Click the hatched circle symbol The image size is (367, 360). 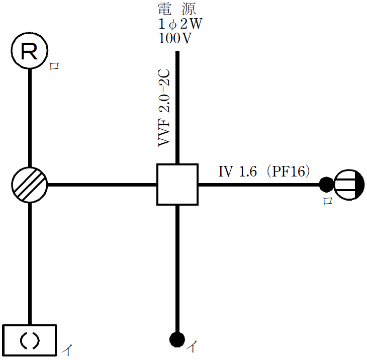[x=29, y=185]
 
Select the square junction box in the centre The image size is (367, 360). [x=177, y=185]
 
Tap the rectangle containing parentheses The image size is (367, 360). [x=29, y=341]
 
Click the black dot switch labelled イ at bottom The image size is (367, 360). [x=176, y=339]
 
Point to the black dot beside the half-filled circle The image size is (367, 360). [x=326, y=185]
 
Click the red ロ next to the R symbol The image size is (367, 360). [x=54, y=67]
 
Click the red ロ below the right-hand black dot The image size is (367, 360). [x=327, y=201]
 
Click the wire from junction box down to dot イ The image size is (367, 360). [x=177, y=266]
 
